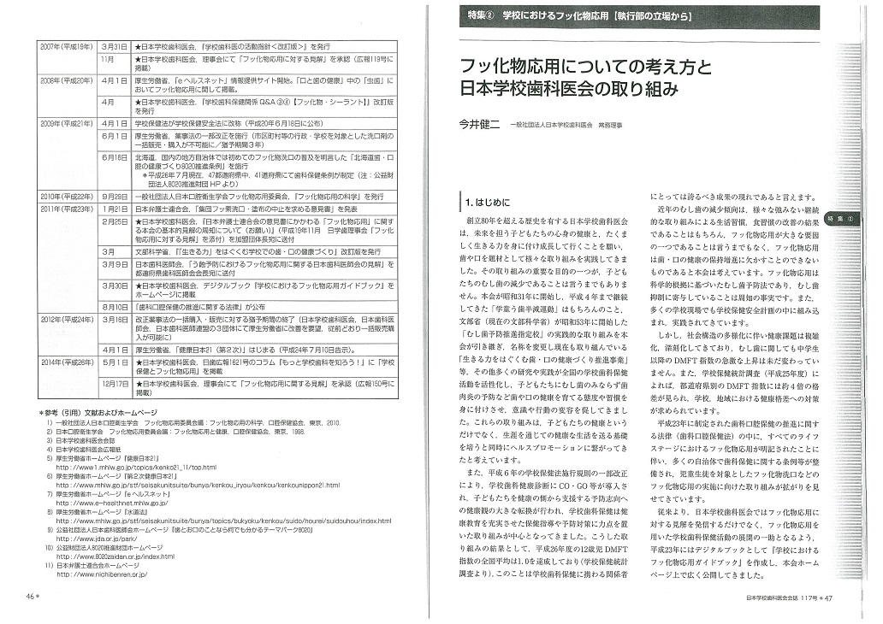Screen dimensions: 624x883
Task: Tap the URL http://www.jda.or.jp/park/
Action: point(94,540)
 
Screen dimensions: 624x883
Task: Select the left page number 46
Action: point(31,595)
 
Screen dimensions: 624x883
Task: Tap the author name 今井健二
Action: point(480,125)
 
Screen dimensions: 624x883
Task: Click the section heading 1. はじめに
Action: point(490,203)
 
